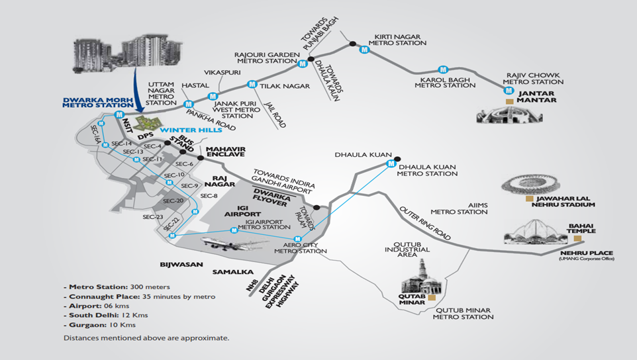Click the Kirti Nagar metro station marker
364,50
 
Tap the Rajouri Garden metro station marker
302,64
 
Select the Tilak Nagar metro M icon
252,85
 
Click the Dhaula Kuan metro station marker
391,163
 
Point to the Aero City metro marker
297,239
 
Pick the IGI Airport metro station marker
234,230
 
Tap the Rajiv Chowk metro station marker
509,91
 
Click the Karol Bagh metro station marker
443,69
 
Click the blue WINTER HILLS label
191,130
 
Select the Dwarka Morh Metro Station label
98,103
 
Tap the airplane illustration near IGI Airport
235,244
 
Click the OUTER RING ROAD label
425,223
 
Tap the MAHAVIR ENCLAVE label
226,152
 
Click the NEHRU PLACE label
587,253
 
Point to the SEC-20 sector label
173,201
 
